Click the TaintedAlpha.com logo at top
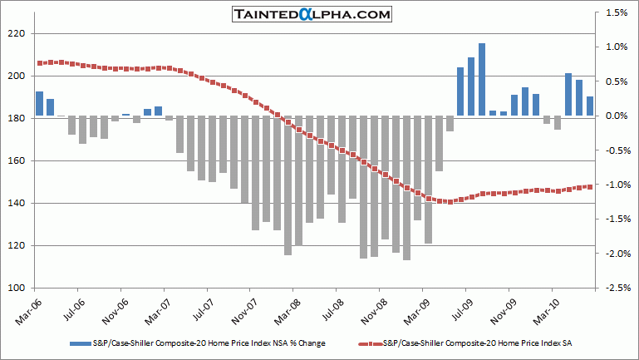(320, 14)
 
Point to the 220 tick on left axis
(17, 34)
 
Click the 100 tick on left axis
(17, 288)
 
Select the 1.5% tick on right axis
(616, 13)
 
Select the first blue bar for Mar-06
(39, 104)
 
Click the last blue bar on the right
(590, 106)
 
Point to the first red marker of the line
(39, 63)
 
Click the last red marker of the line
(590, 186)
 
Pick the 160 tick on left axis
(17, 161)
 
